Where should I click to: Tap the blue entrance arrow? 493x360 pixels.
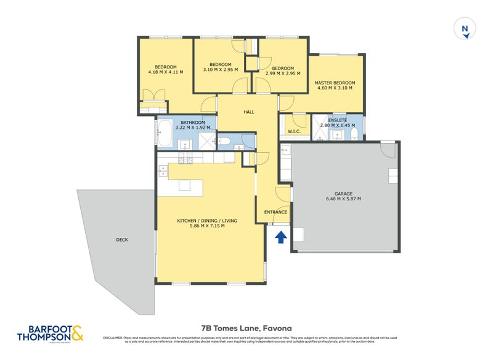pos(281,237)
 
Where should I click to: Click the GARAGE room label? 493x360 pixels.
pos(343,194)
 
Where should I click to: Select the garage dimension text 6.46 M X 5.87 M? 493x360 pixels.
pos(343,199)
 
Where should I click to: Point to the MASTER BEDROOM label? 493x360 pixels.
pos(335,83)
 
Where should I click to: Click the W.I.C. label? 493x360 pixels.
pos(294,131)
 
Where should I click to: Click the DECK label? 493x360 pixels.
pos(121,239)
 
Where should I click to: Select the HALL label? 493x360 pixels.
pos(249,112)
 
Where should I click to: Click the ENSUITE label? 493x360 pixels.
pos(337,120)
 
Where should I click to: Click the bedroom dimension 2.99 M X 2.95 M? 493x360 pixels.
pos(282,73)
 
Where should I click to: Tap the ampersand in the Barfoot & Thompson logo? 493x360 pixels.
pos(77,333)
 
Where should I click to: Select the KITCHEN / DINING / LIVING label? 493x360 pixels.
pos(207,221)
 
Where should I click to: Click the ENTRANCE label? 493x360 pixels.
pos(275,212)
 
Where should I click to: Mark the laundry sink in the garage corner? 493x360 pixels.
pos(286,150)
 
